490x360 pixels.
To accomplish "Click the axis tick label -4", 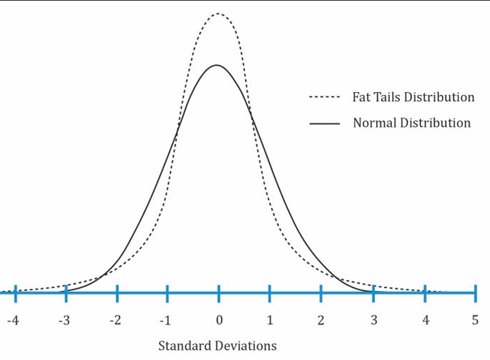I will [x=13, y=320].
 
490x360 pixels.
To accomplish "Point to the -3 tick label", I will [x=63, y=320].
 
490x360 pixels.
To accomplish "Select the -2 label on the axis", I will [x=115, y=320].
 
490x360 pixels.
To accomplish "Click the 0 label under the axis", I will [x=219, y=320].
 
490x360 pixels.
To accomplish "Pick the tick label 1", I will [x=270, y=320].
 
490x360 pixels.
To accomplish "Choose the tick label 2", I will [x=321, y=320].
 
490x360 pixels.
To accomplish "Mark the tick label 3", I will [x=373, y=320].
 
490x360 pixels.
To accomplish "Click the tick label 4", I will [x=425, y=320].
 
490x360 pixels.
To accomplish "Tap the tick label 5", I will [x=474, y=320].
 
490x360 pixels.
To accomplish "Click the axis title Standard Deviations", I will [x=217, y=346].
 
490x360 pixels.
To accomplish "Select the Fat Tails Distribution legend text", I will [x=413, y=97].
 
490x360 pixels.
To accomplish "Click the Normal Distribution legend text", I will [x=412, y=124].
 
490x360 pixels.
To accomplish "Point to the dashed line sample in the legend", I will [x=324, y=98].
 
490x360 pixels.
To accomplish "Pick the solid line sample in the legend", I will [x=324, y=124].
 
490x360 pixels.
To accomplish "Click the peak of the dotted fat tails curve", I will [x=218, y=13].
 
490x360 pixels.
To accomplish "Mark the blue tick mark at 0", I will [x=219, y=293].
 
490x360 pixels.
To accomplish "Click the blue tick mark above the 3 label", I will [x=373, y=293].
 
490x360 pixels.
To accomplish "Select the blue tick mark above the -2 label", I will [x=117, y=293].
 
